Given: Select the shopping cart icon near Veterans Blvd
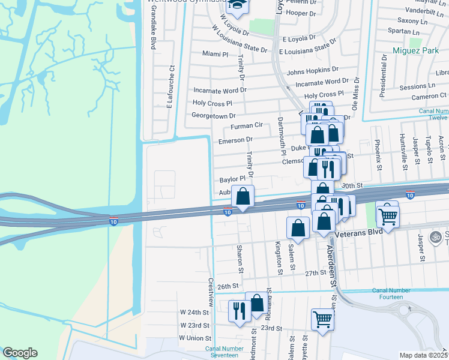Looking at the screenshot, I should point(388,216).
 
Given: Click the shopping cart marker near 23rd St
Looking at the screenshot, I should point(323,320).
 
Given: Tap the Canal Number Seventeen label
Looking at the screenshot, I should point(224,352).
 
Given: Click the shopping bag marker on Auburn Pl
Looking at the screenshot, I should point(243,197).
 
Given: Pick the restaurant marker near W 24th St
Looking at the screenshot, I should point(239,311).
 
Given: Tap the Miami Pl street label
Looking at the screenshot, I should point(215,53).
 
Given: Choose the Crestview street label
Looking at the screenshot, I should point(211,290).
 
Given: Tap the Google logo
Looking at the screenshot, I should point(20,353).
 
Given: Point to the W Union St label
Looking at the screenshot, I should point(194,338).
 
